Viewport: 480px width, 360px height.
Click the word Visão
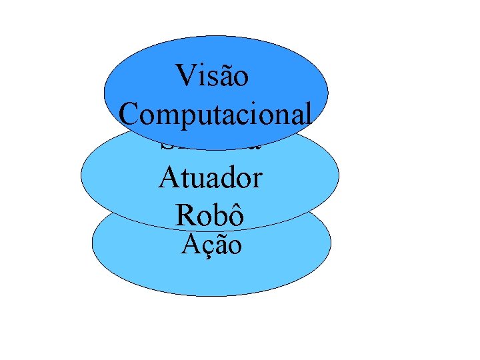coord(213,76)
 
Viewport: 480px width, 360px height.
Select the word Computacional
coord(215,115)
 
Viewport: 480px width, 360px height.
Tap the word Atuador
coord(211,178)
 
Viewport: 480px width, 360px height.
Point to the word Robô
coord(209,214)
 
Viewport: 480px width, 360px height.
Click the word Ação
coord(211,245)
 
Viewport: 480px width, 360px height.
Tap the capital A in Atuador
coord(167,178)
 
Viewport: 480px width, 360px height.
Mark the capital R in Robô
coord(184,214)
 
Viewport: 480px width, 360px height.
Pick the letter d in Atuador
coord(227,178)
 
